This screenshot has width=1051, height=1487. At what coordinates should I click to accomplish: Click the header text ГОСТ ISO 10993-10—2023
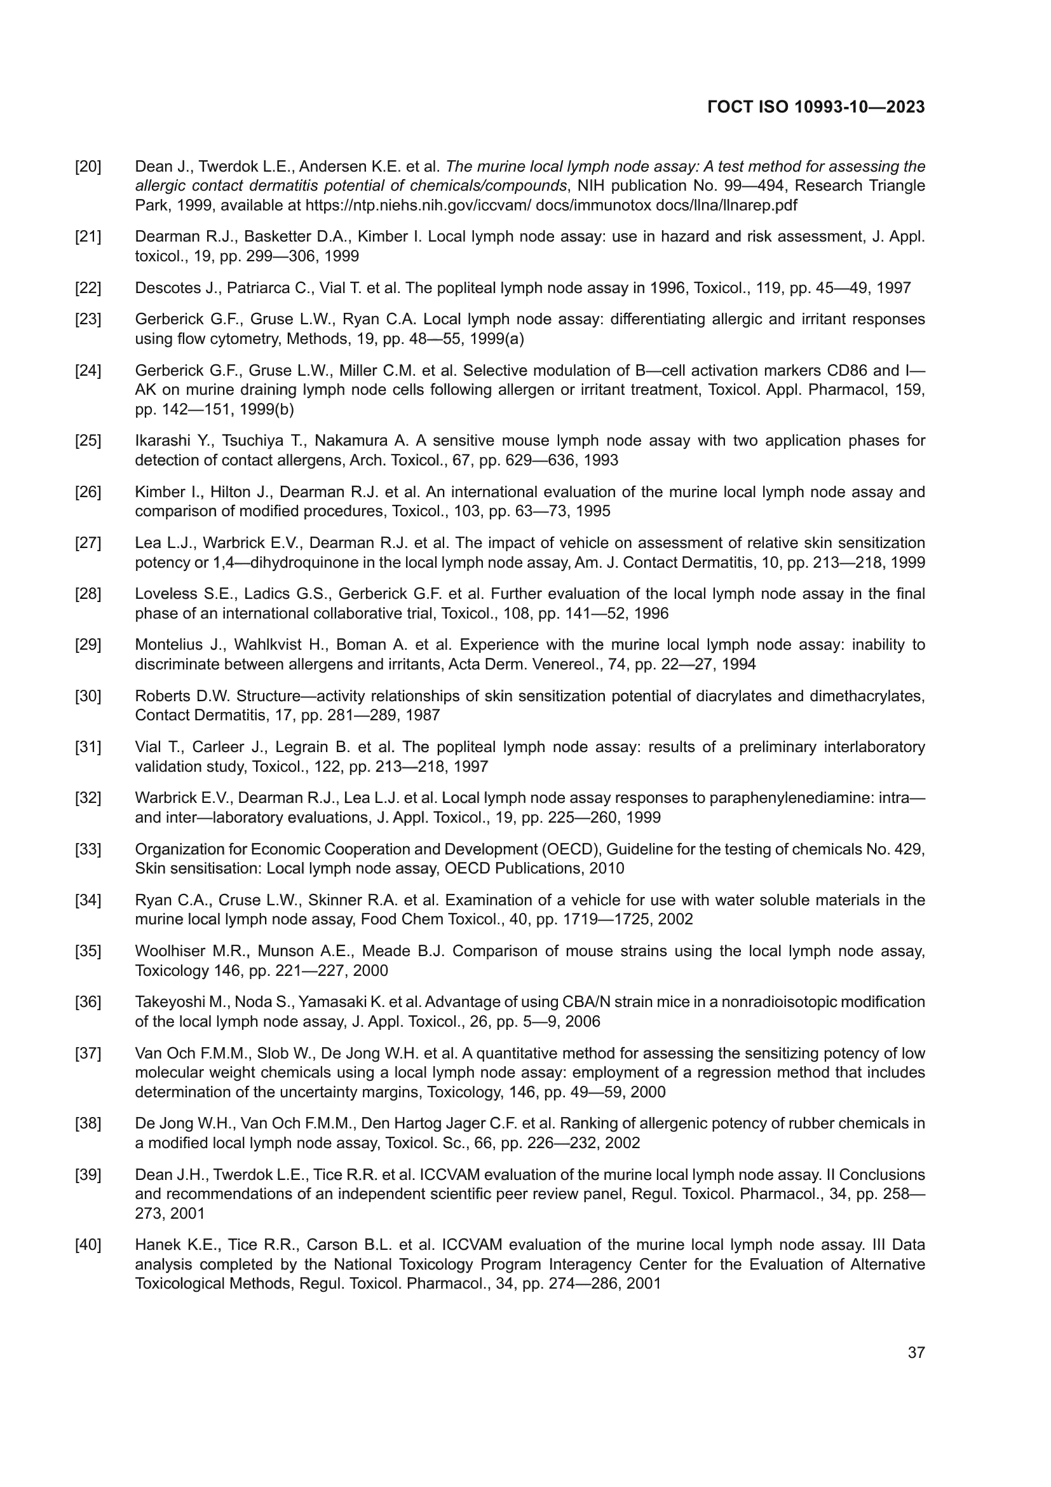coord(816,107)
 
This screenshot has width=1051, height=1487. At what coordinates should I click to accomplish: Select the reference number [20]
coord(88,167)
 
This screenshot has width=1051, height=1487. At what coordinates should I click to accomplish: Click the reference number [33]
coord(88,849)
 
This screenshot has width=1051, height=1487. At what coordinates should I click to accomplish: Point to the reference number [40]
coord(88,1245)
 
